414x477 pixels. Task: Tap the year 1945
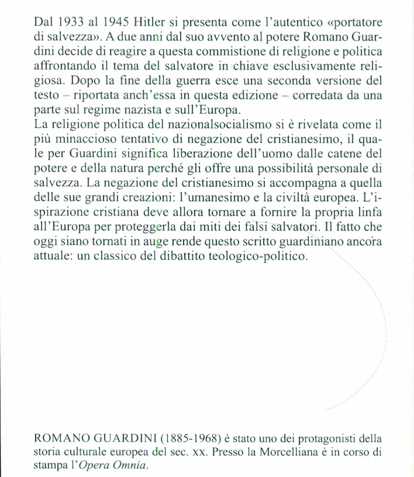(x=121, y=22)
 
